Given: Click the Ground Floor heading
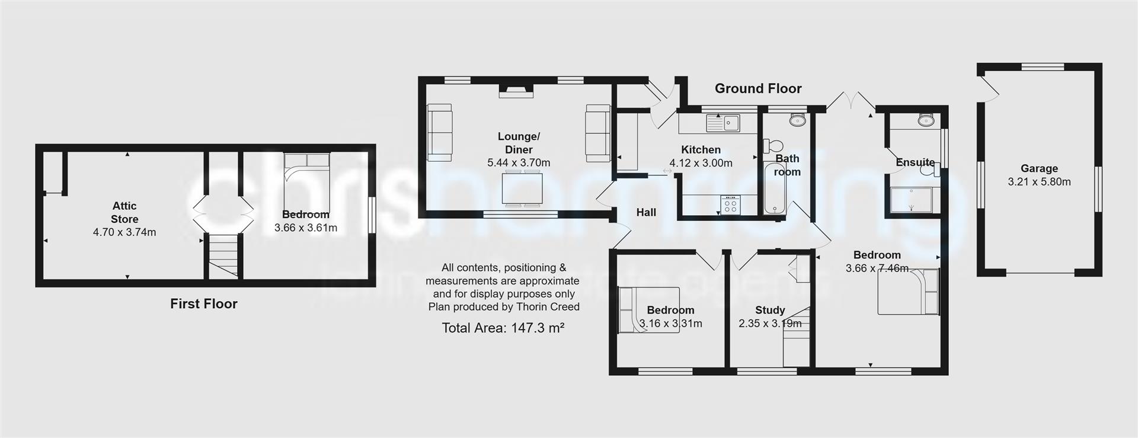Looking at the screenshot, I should click(x=757, y=88).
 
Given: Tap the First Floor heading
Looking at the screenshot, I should click(x=203, y=304).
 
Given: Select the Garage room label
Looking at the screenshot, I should click(x=1039, y=168).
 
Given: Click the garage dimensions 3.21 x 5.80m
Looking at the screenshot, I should click(x=1039, y=182).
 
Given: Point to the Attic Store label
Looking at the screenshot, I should click(x=124, y=212).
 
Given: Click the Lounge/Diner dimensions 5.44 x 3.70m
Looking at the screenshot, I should click(x=519, y=162).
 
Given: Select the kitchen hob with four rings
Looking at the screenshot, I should click(x=730, y=204).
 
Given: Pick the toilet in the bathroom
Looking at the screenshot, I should click(x=772, y=145).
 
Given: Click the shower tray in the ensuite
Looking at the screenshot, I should click(x=912, y=200).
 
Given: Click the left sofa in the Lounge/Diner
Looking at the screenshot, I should click(x=439, y=132).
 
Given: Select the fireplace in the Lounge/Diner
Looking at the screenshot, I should click(x=516, y=91).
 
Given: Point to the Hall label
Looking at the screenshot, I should click(x=646, y=212).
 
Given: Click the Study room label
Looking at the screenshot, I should click(x=770, y=310).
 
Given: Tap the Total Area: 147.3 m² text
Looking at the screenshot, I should click(x=503, y=328).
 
